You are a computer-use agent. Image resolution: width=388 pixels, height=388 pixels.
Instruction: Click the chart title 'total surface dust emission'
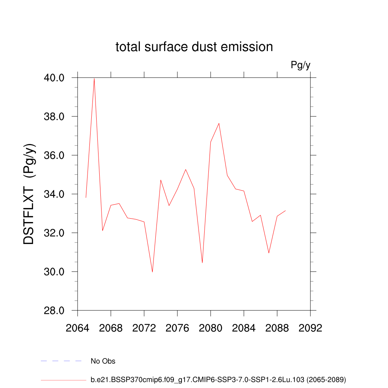[x=194, y=47]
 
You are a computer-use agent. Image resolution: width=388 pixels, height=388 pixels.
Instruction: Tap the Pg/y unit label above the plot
[x=300, y=65]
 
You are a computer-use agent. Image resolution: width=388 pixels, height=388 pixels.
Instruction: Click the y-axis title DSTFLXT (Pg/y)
[x=29, y=194]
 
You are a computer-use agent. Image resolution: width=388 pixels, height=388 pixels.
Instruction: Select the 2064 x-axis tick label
[x=78, y=328]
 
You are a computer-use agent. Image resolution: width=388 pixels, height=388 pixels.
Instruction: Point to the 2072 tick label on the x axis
[x=144, y=328]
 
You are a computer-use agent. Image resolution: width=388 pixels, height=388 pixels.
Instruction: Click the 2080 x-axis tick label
[x=211, y=328]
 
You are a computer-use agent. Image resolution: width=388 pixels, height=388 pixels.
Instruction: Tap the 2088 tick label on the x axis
[x=277, y=328]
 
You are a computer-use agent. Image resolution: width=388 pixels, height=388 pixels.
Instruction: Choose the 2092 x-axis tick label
[x=310, y=328]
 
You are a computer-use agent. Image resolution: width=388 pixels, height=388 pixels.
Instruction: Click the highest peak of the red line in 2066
[x=94, y=78]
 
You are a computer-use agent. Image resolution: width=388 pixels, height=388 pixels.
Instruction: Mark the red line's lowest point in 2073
[x=152, y=272]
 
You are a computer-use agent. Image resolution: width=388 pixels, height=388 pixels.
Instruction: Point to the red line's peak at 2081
[x=219, y=123]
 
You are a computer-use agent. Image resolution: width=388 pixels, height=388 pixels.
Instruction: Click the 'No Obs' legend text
[x=103, y=361]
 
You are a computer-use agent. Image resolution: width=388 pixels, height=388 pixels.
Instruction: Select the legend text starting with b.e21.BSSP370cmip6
[x=218, y=379]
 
